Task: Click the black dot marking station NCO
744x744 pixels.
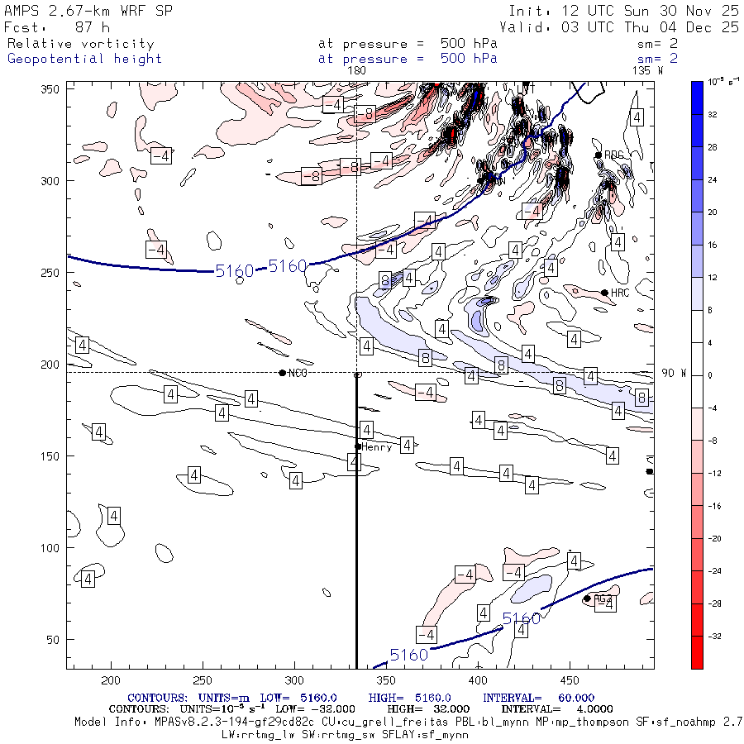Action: [283, 373]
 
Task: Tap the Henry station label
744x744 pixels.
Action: [376, 446]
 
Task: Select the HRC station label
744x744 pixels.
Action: [620, 293]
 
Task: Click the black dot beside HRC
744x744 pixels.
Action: [604, 293]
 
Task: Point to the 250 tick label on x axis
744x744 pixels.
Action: [203, 680]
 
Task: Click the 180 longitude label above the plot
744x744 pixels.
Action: [357, 71]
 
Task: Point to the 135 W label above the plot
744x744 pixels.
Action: [646, 71]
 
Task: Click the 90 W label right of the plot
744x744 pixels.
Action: [674, 374]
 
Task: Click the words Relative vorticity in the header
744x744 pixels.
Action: [80, 44]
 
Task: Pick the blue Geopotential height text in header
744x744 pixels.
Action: [84, 59]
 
